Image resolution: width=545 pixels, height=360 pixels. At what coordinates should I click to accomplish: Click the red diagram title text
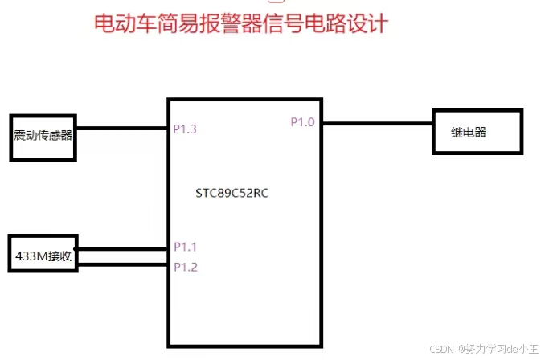(241, 23)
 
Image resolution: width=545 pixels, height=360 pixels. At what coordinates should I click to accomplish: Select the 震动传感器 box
(43, 134)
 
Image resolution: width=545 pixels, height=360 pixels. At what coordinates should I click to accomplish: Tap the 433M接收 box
(43, 256)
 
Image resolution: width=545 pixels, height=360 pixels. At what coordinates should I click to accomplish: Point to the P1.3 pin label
(185, 129)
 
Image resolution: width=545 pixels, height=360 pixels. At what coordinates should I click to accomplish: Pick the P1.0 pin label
(303, 122)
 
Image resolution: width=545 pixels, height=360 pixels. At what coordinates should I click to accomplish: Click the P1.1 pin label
(185, 247)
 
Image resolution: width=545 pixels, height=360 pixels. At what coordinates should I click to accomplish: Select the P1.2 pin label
(185, 266)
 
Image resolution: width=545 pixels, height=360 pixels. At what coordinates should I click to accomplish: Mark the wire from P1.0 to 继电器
(378, 123)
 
